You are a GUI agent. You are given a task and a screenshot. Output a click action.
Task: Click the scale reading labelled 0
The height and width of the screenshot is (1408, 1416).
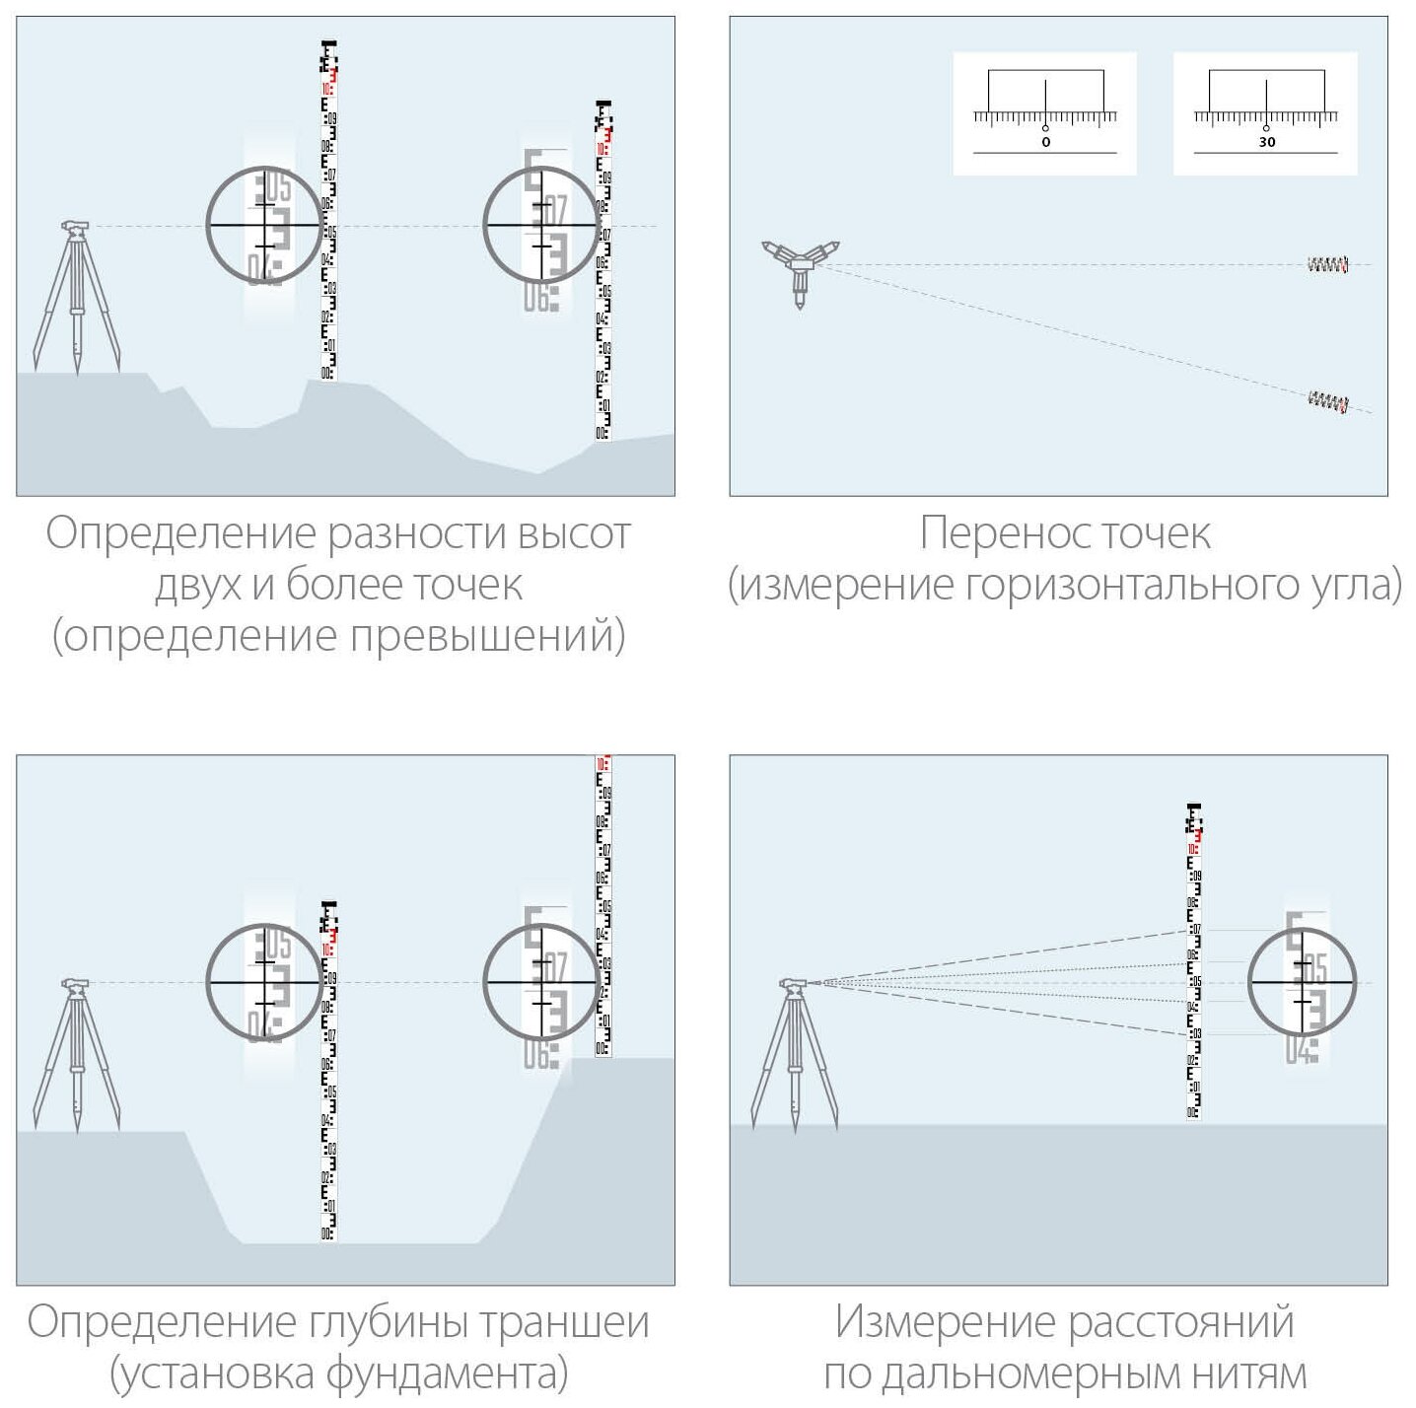pos(1045,142)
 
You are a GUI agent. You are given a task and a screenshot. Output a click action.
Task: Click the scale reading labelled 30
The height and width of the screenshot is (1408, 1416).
pos(1266,142)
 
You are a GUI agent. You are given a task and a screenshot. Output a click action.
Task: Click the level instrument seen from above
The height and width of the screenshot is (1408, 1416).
pos(800,266)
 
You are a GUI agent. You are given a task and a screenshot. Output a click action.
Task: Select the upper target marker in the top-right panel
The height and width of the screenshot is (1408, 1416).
pos(1327,264)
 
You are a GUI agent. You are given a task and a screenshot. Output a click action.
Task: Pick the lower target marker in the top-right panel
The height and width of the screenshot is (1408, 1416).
pos(1327,400)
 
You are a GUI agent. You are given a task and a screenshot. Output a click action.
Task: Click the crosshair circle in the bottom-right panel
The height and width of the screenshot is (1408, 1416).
pos(1302,982)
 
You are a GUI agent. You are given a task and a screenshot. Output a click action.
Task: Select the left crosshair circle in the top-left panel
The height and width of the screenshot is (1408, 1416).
pos(264,225)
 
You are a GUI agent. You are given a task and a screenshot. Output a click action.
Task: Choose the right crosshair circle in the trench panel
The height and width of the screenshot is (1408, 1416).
pos(541,981)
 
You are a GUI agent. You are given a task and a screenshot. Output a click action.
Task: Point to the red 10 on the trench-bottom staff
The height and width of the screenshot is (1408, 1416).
pos(327,950)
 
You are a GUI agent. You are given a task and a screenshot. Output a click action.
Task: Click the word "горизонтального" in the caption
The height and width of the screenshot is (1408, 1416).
pos(1142,585)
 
